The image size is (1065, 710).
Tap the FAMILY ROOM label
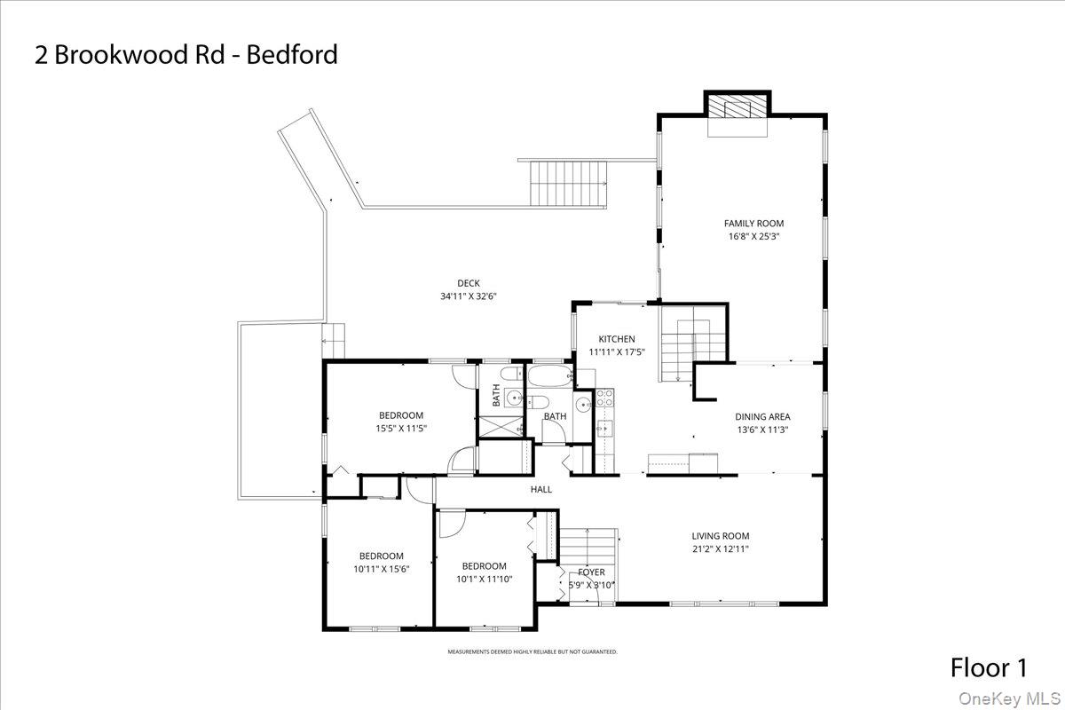pyautogui.click(x=753, y=224)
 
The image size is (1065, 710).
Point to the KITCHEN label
pyautogui.click(x=616, y=339)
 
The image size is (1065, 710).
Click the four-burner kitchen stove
pyautogui.click(x=604, y=398)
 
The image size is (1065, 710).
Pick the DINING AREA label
pyautogui.click(x=761, y=417)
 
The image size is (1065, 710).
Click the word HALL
pyautogui.click(x=541, y=489)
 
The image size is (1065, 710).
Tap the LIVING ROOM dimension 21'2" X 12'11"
pyautogui.click(x=721, y=548)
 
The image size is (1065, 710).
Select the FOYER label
pyautogui.click(x=591, y=572)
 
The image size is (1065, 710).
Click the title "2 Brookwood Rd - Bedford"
pyautogui.click(x=186, y=55)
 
